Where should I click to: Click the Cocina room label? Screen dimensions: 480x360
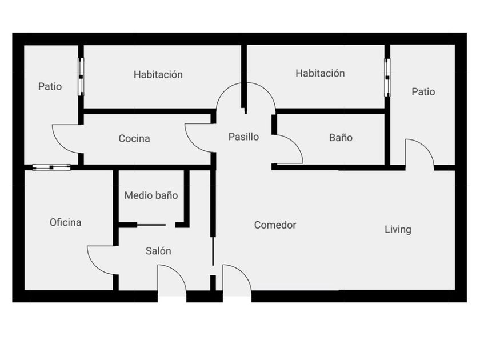[134, 138]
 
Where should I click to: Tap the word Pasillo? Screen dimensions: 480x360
[243, 137]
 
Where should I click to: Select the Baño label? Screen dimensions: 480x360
[341, 138]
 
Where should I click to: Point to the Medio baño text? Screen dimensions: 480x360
[151, 195]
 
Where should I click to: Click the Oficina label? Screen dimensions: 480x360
[65, 222]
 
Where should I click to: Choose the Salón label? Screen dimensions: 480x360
[158, 251]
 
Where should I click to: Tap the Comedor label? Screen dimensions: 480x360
[275, 225]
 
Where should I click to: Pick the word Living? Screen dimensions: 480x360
[398, 230]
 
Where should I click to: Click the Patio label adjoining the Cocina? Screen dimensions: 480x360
[50, 87]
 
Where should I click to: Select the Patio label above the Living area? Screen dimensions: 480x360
[423, 91]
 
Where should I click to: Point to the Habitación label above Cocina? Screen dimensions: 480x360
[158, 74]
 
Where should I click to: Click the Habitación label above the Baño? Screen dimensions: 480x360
[320, 73]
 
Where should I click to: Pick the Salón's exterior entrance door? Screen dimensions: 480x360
[172, 279]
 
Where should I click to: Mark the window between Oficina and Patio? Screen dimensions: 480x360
[51, 167]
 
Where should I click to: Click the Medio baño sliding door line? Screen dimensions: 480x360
[152, 225]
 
